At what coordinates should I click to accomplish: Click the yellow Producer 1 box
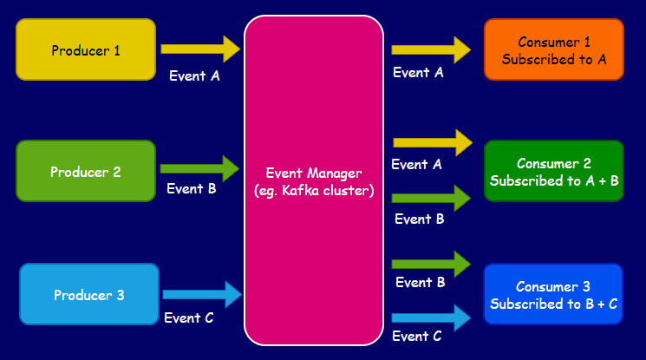pos(86,49)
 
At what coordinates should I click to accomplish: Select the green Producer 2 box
pos(86,171)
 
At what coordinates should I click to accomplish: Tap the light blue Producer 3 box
pos(89,295)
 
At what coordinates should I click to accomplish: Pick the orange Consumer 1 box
pos(553,49)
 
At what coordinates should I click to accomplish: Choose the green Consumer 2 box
pos(553,171)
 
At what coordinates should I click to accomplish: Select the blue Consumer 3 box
pos(553,295)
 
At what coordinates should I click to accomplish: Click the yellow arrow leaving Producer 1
pos(199,49)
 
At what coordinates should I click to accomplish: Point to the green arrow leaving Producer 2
pos(199,168)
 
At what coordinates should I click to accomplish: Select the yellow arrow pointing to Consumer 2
pos(432,141)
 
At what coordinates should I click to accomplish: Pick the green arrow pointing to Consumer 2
pos(431,199)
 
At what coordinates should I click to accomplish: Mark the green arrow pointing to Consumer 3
pos(431,261)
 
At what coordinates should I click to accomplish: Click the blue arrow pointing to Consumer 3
pos(431,317)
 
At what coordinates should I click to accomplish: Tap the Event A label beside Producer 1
pos(194,75)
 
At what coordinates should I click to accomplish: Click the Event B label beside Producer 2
pos(191,188)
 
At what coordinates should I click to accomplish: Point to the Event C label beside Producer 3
pos(188,317)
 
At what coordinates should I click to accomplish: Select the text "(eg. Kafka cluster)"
pos(313,190)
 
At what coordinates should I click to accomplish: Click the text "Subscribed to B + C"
pos(553,304)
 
